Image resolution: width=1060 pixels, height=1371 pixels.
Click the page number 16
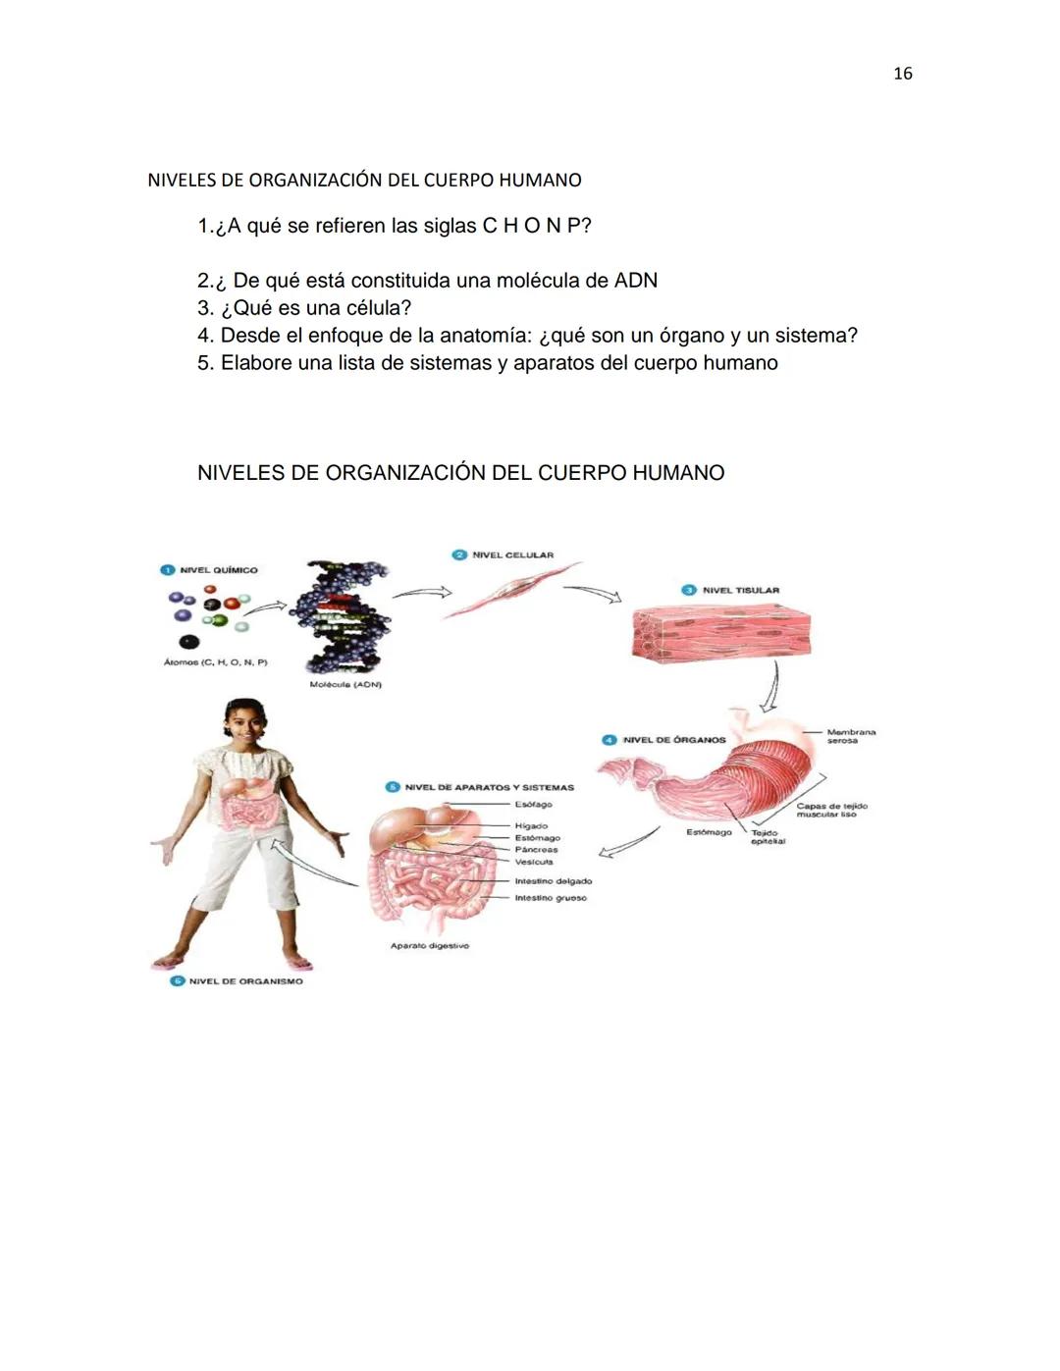click(902, 74)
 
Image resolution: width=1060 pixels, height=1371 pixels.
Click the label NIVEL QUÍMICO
click(218, 570)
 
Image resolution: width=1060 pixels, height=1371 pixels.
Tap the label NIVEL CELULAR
click(512, 555)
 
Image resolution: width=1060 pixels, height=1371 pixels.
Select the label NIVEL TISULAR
click(740, 591)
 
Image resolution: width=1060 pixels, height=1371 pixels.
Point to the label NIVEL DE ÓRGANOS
click(674, 740)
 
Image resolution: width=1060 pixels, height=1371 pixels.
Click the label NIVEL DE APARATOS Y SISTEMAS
click(489, 787)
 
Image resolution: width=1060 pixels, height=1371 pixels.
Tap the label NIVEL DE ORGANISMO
click(245, 981)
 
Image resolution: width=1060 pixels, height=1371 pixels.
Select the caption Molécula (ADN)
click(345, 684)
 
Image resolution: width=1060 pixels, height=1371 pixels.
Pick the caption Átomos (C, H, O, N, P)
click(215, 662)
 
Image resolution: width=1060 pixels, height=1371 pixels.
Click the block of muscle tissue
click(721, 629)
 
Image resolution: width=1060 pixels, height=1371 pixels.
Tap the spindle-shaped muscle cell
click(510, 591)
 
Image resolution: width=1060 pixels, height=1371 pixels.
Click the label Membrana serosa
click(850, 736)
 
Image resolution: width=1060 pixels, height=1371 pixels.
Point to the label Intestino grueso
click(551, 898)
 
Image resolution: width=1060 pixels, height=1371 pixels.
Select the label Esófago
click(533, 805)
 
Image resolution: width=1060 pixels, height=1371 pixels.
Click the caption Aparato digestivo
click(430, 946)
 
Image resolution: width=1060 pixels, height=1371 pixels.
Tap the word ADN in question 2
click(635, 281)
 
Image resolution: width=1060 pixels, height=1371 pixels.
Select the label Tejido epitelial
click(768, 837)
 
